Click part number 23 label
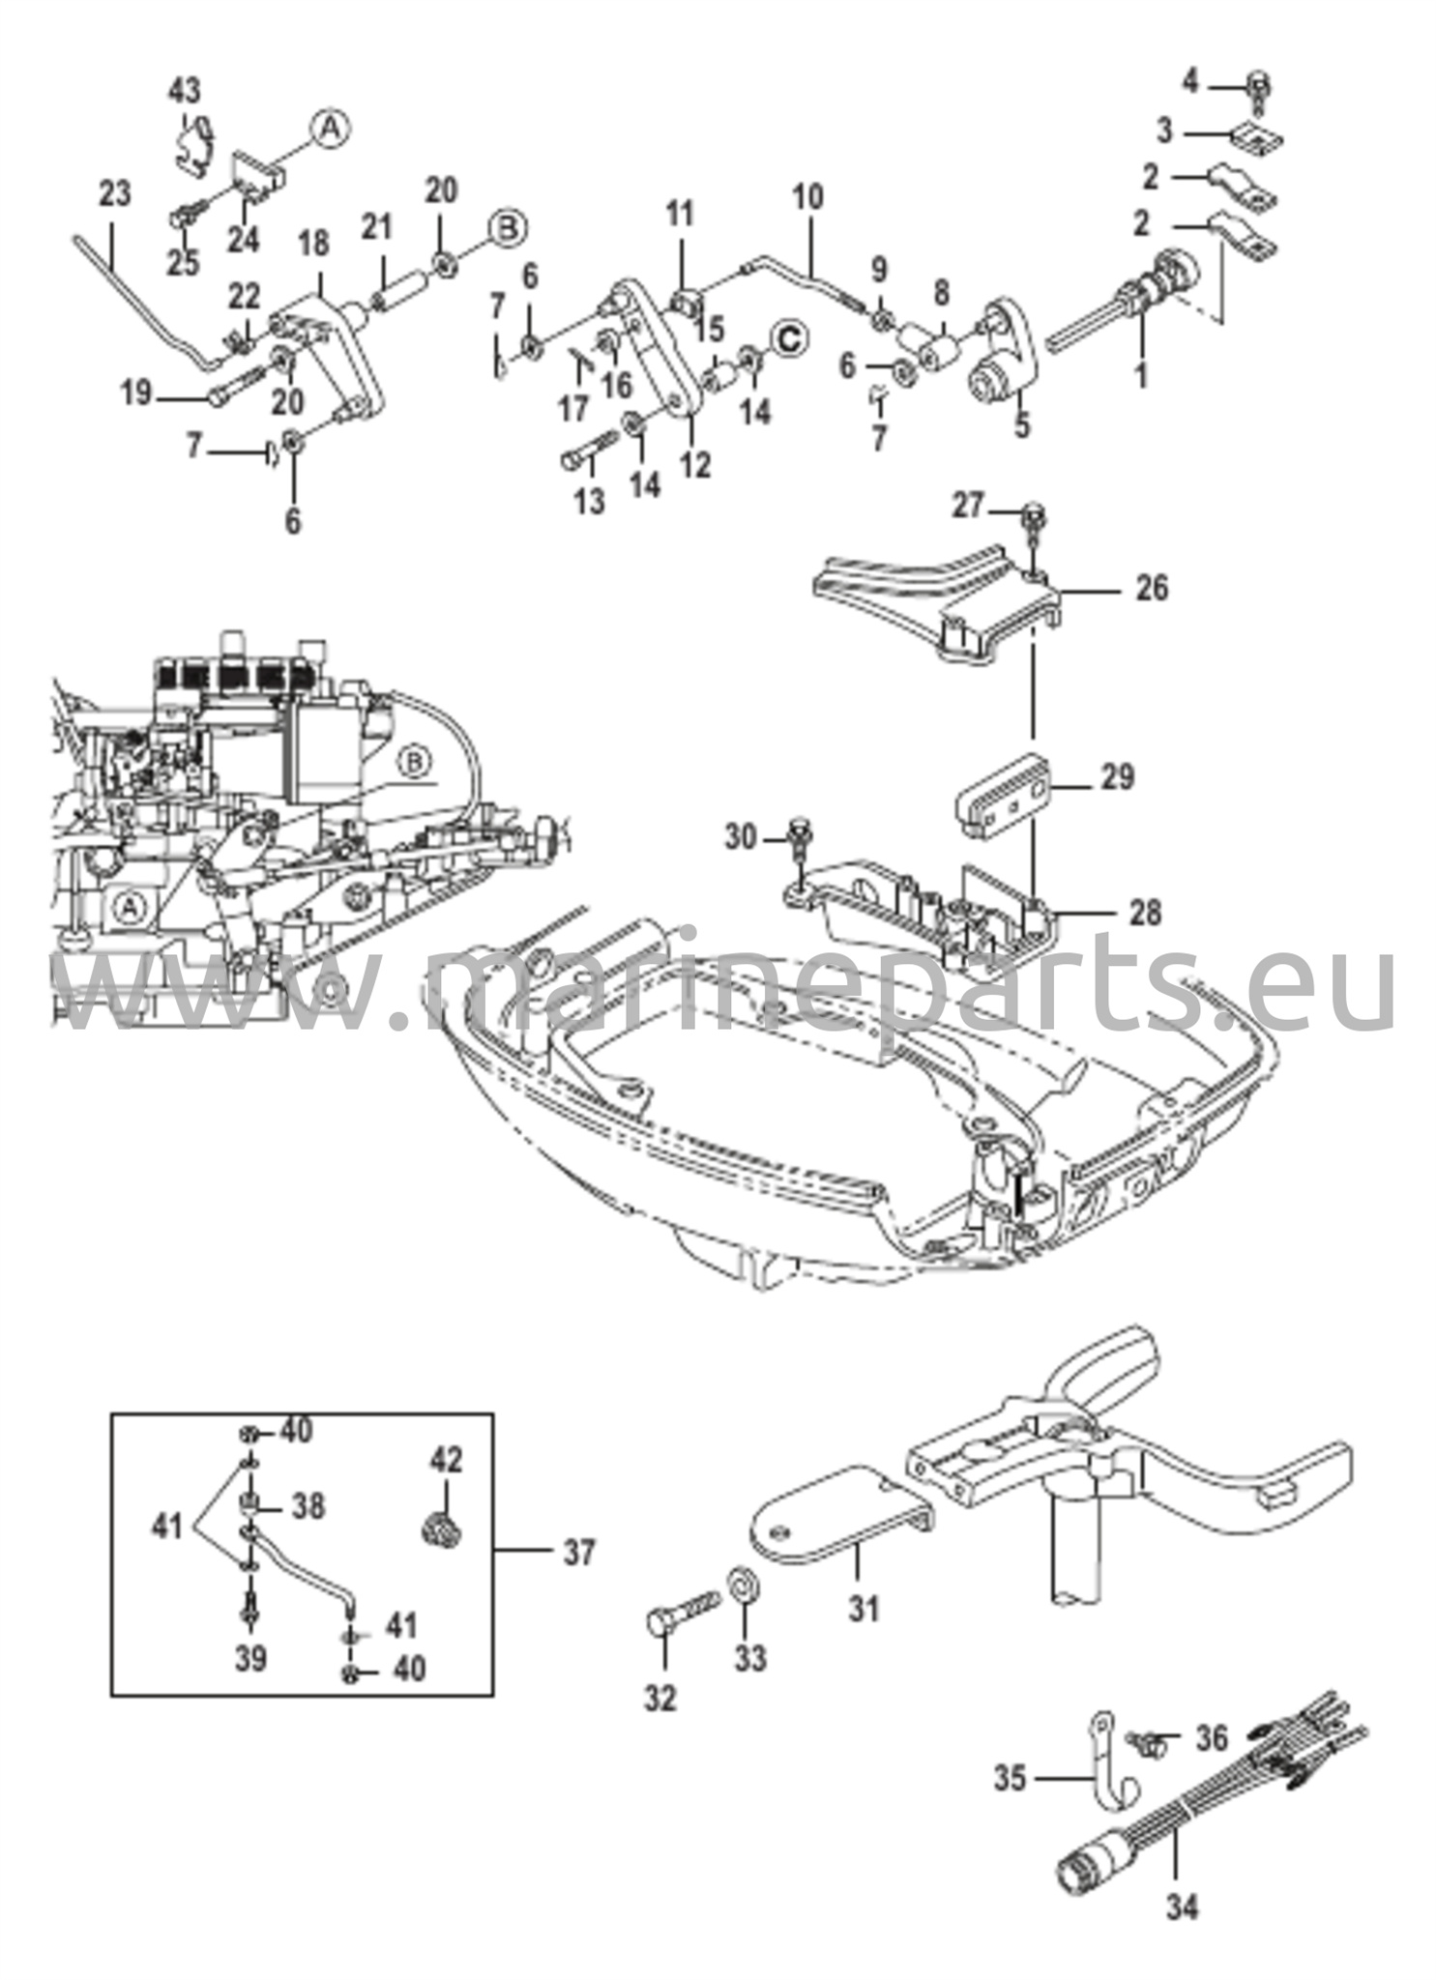tap(114, 193)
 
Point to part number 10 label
tap(808, 197)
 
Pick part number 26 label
tap(1151, 588)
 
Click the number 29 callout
tap(1117, 777)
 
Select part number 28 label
tap(1144, 912)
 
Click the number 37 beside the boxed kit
tap(578, 1553)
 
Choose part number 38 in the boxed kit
tap(308, 1505)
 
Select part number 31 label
tap(864, 1609)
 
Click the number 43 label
tap(185, 92)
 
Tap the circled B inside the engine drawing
tap(414, 763)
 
